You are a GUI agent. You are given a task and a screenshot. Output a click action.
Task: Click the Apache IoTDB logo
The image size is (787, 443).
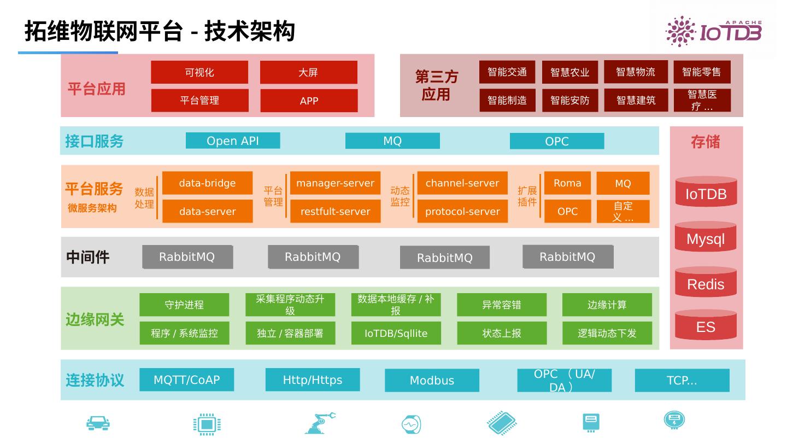coord(713,31)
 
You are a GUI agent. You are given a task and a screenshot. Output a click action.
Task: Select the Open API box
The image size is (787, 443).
coord(233,141)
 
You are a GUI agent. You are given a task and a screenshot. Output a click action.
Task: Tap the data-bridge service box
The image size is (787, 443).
coord(207,183)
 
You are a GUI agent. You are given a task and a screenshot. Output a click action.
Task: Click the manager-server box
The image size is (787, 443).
coord(335,183)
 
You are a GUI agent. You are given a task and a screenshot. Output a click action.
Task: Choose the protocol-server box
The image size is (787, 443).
coord(462,212)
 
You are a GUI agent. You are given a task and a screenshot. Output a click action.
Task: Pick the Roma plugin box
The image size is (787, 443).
coord(567,183)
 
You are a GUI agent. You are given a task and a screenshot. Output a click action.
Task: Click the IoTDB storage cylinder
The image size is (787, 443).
coord(706,192)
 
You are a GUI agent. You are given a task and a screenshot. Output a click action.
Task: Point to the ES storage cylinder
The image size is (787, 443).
coord(706,325)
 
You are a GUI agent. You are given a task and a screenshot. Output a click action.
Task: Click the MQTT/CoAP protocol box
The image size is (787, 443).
coord(186,380)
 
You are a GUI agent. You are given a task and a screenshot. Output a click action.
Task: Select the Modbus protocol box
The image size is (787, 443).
coord(432,381)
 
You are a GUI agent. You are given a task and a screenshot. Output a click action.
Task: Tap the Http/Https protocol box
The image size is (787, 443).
coord(313,380)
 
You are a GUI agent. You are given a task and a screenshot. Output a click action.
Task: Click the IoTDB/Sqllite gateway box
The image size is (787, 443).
coord(396,333)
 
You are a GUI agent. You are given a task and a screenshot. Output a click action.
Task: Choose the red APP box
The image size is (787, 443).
coord(309,101)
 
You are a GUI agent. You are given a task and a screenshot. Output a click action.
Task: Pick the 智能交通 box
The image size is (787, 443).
coord(507,72)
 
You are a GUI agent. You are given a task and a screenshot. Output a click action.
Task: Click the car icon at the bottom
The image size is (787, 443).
coord(98,423)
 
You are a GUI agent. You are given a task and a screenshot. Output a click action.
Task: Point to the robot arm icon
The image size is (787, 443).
coord(320,423)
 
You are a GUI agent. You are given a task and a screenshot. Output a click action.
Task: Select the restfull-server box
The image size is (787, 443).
coord(335,212)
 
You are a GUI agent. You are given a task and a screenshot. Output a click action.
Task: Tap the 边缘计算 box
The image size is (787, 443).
coord(607,305)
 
